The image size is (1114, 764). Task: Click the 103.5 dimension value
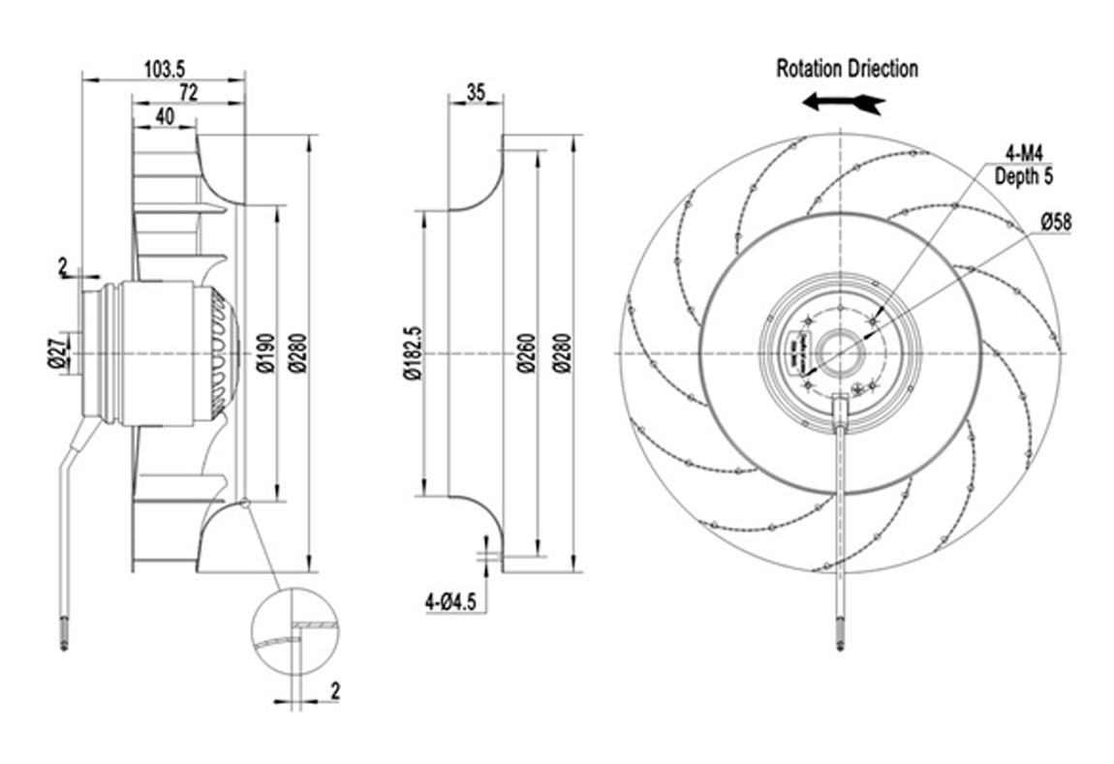click(164, 69)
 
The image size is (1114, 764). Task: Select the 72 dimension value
click(188, 93)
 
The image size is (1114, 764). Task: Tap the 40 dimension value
click(164, 116)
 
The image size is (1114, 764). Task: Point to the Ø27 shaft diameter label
click(57, 352)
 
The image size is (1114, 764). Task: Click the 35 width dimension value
click(476, 93)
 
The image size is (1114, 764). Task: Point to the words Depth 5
click(1024, 178)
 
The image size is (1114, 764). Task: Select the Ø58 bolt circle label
click(1056, 222)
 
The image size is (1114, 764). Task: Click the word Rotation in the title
click(810, 69)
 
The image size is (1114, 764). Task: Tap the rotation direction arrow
click(844, 102)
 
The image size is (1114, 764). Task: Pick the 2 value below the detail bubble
click(335, 690)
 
